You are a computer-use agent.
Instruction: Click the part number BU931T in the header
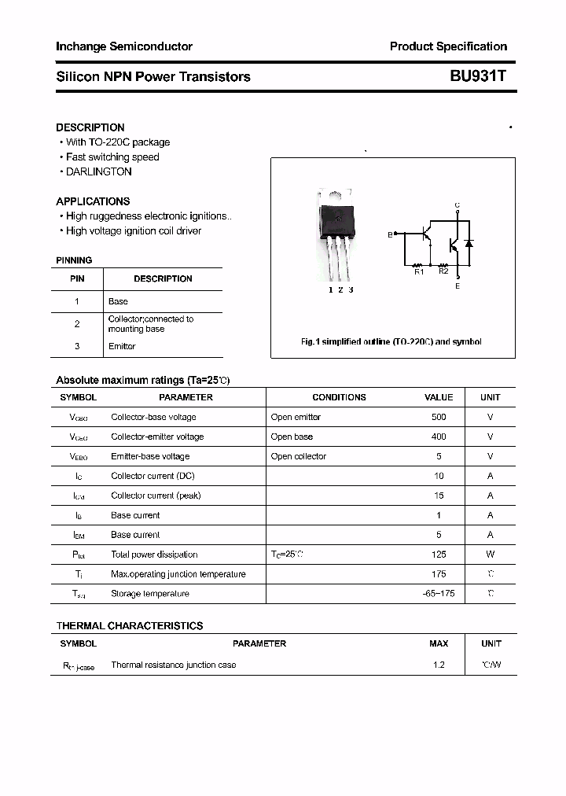click(478, 76)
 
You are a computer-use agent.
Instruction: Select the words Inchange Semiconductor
click(123, 46)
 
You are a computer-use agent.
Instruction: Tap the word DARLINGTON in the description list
click(98, 171)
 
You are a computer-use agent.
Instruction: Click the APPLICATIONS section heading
click(93, 201)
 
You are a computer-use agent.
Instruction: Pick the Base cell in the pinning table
click(118, 301)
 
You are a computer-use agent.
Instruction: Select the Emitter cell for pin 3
click(122, 346)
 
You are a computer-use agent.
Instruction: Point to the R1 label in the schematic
click(419, 272)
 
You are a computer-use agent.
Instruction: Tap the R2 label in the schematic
click(443, 271)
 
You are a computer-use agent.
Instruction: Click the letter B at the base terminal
click(389, 234)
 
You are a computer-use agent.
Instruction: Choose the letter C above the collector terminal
click(458, 205)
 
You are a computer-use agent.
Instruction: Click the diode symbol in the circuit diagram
click(469, 243)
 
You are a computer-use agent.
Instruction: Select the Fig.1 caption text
click(391, 342)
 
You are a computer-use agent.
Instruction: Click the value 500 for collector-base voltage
click(439, 417)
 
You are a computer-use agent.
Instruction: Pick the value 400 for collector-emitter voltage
click(439, 437)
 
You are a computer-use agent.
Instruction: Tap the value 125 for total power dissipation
click(439, 555)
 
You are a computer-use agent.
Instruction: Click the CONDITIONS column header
click(339, 397)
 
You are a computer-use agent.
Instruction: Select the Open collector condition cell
click(298, 456)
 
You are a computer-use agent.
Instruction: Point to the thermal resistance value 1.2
click(439, 665)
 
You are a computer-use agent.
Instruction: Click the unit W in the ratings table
click(490, 555)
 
